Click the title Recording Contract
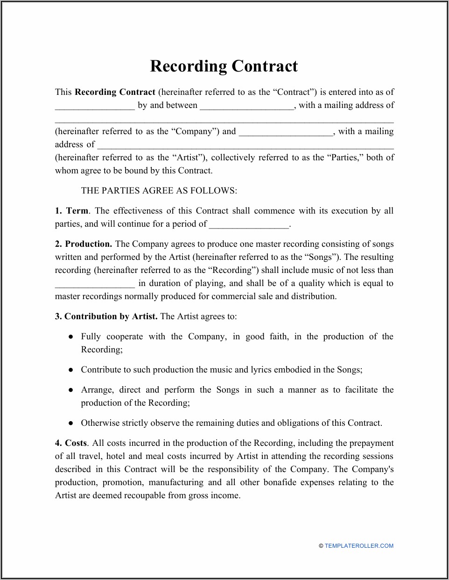[224, 66]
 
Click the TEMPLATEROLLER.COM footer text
[359, 546]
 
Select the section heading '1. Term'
[71, 211]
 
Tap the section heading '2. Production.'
[84, 244]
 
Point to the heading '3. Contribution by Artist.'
[106, 316]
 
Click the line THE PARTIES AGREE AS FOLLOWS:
[159, 191]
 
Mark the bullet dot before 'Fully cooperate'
[70, 337]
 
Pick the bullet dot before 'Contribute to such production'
[70, 370]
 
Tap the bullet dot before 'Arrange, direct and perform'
[70, 390]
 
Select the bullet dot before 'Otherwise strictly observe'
[70, 423]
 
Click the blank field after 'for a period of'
[249, 225]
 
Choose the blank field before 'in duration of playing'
[95, 284]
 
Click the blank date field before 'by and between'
[95, 106]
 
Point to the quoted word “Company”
[196, 131]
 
